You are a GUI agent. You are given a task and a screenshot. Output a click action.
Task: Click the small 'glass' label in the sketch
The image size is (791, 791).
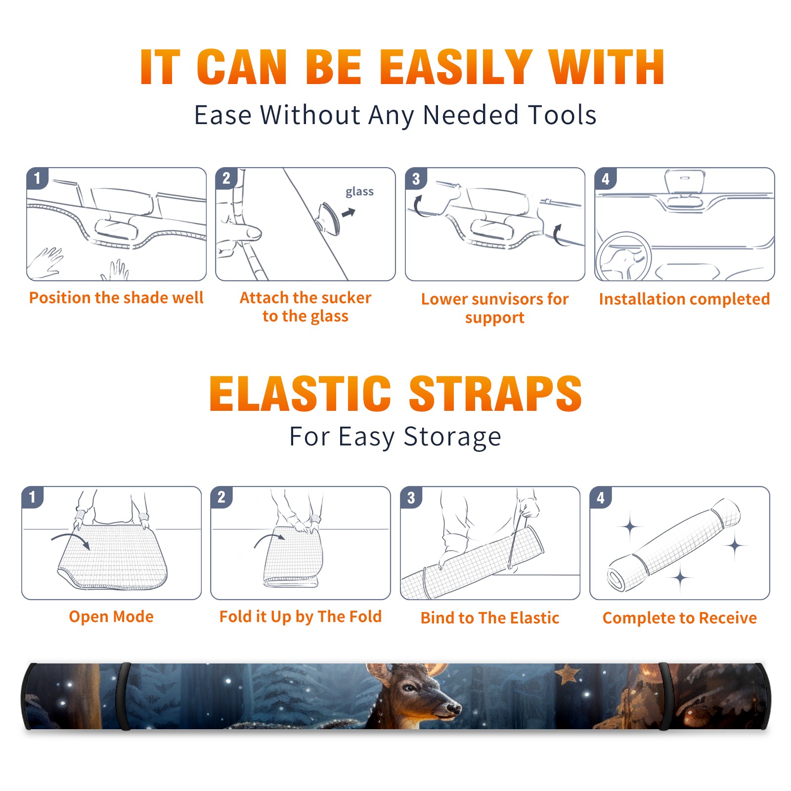(359, 192)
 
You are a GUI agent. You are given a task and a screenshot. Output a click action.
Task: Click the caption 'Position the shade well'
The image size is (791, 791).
(116, 298)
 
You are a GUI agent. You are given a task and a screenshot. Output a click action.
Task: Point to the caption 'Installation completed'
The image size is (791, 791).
(684, 299)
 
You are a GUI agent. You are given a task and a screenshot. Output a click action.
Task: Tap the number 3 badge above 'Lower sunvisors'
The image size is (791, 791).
(416, 178)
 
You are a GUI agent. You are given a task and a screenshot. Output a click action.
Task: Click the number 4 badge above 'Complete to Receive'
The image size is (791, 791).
(601, 497)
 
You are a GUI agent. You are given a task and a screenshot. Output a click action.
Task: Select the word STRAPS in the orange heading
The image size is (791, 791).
(495, 394)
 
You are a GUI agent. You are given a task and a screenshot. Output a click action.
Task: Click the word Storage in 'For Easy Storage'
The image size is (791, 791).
(452, 437)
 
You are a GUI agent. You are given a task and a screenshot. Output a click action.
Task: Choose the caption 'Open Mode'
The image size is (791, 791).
(111, 616)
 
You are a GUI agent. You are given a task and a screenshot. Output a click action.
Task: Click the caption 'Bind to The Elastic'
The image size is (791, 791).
(490, 618)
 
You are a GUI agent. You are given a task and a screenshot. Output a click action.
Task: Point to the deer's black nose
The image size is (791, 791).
(453, 709)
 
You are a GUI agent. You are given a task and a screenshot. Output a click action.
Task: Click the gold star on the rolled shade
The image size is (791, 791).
(568, 673)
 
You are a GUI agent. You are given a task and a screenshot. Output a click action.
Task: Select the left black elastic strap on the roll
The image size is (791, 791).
(123, 696)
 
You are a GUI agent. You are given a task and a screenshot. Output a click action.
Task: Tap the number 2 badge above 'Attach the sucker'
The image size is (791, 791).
(226, 178)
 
